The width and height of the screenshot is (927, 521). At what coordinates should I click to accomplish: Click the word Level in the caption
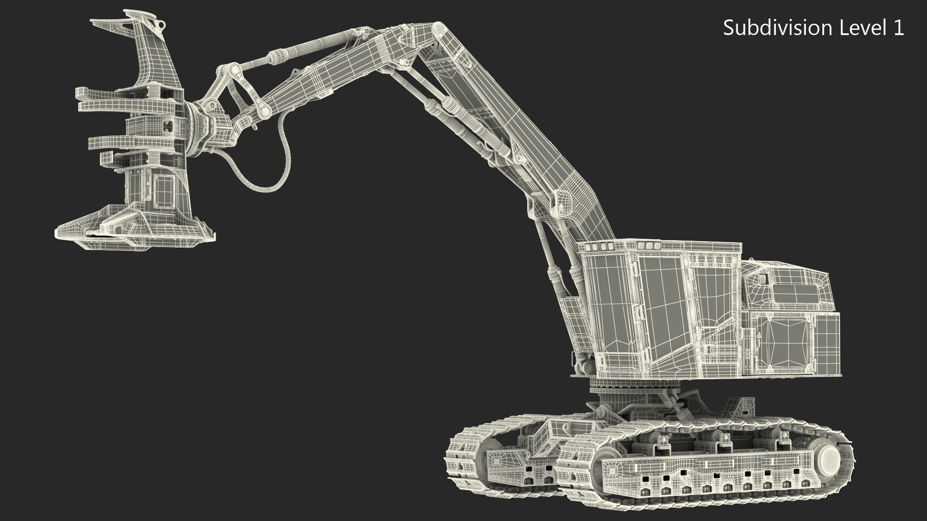pos(863,28)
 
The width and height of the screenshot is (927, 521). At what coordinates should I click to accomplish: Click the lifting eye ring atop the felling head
pos(159,24)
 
